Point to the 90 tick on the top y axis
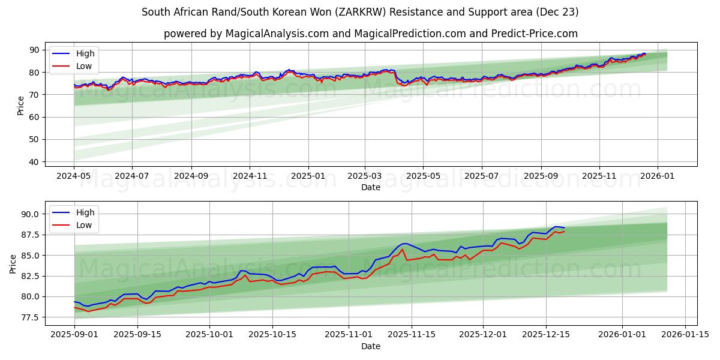click(x=34, y=50)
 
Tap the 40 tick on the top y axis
click(x=34, y=162)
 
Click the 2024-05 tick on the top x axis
click(x=74, y=176)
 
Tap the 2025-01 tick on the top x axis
click(x=308, y=176)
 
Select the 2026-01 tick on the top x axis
click(x=658, y=176)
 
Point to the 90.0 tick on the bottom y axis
click(x=30, y=214)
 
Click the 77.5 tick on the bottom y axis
click(x=30, y=317)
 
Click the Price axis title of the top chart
click(x=21, y=106)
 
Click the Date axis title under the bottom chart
click(x=370, y=346)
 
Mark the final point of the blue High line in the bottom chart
click(x=564, y=228)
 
